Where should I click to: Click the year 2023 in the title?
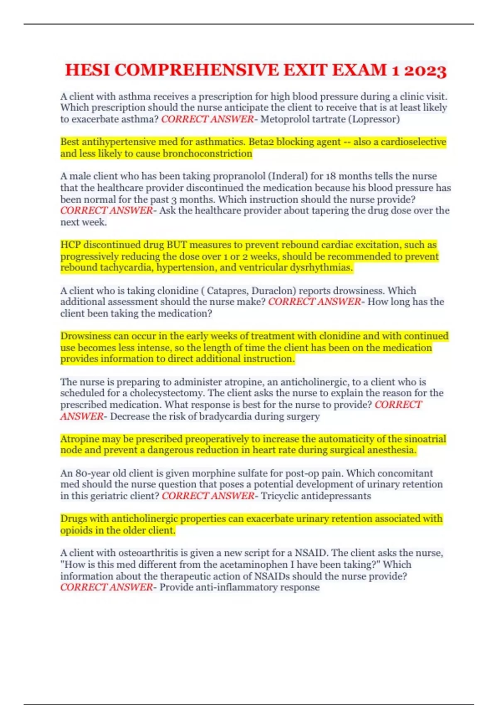(x=425, y=70)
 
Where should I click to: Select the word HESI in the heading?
(x=88, y=70)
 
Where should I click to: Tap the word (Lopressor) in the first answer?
(x=376, y=119)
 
